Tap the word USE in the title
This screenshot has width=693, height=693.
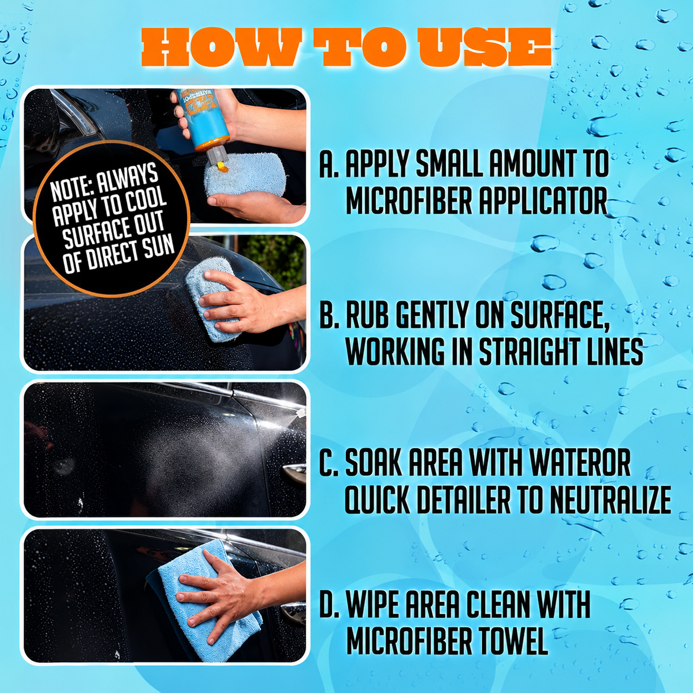pyautogui.click(x=486, y=47)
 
